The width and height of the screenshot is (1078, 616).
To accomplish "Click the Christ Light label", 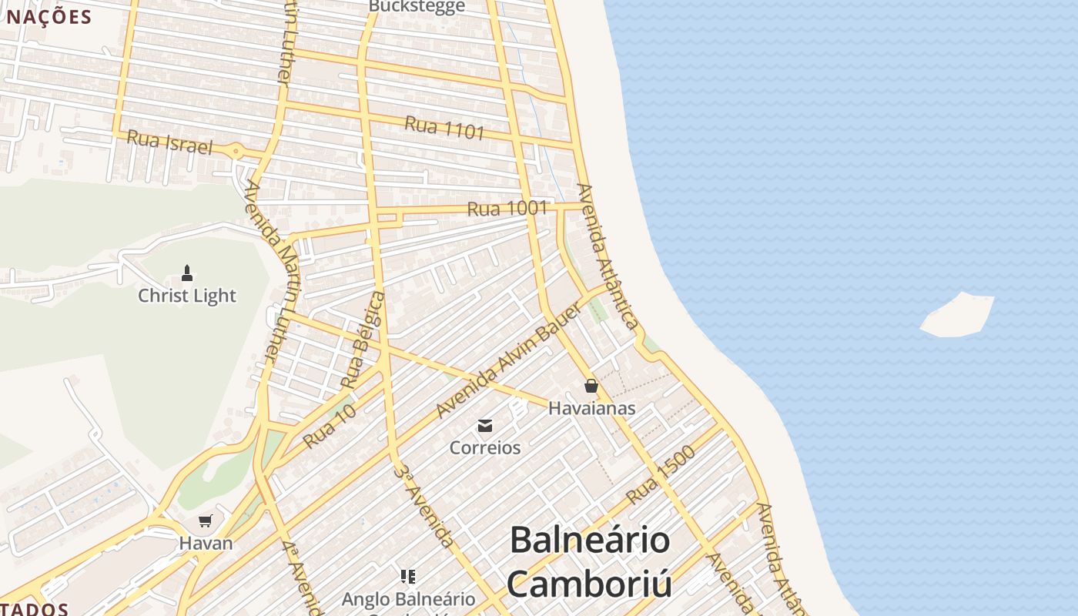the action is [187, 296].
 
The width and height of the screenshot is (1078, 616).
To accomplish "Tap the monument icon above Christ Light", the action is [186, 273].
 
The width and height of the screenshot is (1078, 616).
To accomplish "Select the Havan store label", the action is [206, 543].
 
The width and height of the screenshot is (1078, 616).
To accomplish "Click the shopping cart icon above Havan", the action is [205, 521].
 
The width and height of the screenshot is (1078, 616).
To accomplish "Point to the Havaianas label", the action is [591, 408].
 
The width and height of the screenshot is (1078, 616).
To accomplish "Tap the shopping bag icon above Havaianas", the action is [591, 386].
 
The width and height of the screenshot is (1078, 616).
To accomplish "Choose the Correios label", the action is [485, 447].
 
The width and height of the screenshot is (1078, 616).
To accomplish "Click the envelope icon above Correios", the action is [484, 425].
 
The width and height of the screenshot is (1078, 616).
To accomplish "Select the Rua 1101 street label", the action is [444, 128].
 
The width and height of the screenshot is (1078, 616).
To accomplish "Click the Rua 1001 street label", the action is [507, 208].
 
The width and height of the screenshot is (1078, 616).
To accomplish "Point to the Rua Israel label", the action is [169, 142].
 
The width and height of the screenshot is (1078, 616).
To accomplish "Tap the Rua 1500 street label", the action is [661, 475].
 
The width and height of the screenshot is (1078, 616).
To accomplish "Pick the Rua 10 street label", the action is [330, 427].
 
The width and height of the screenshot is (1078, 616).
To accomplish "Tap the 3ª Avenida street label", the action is [423, 505].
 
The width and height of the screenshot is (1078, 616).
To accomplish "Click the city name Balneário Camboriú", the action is [590, 561].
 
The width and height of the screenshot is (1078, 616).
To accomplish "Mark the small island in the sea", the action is [957, 315].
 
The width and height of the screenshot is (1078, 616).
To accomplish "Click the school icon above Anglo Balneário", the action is [408, 576].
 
